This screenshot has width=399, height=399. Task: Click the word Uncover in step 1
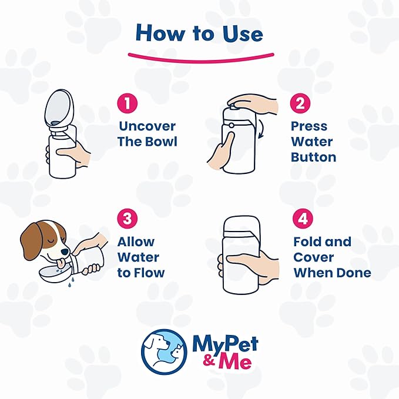[147, 126]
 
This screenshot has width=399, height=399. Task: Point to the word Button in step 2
[314, 157]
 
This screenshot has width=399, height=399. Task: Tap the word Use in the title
[243, 33]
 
